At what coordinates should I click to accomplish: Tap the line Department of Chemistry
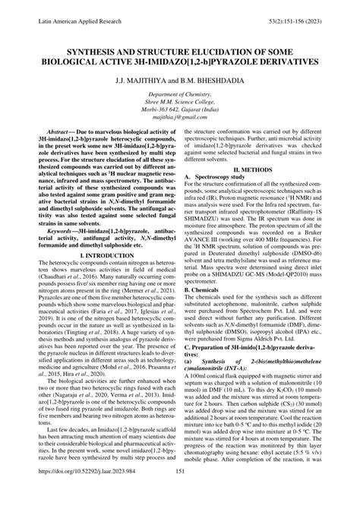pos(180,96)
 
